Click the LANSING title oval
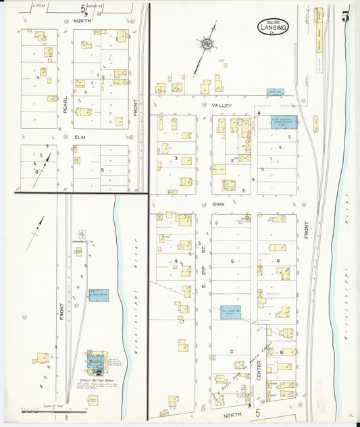point(274,28)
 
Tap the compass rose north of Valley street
point(206,45)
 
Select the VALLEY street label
point(222,105)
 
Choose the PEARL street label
point(65,104)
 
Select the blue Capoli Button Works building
point(98,363)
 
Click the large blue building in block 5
point(230,312)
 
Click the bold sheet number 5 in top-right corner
point(345,17)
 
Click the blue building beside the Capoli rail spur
point(99,295)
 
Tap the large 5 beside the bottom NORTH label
point(257,411)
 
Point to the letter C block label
point(231,351)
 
